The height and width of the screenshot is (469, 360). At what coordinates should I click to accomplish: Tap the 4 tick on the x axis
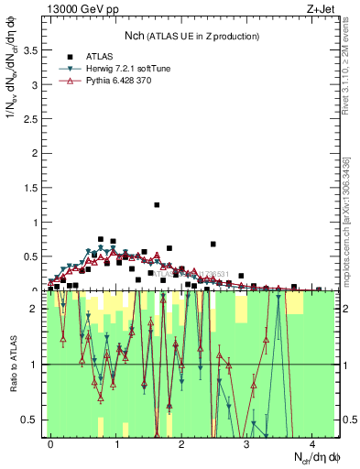coord(311,444)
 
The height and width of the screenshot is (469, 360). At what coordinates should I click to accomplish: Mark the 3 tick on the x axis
coord(246,444)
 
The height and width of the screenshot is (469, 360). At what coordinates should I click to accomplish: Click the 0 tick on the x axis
coord(51,444)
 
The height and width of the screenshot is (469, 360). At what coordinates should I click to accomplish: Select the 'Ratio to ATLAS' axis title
coord(12,364)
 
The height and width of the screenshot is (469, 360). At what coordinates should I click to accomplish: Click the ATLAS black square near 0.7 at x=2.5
coord(213,244)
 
